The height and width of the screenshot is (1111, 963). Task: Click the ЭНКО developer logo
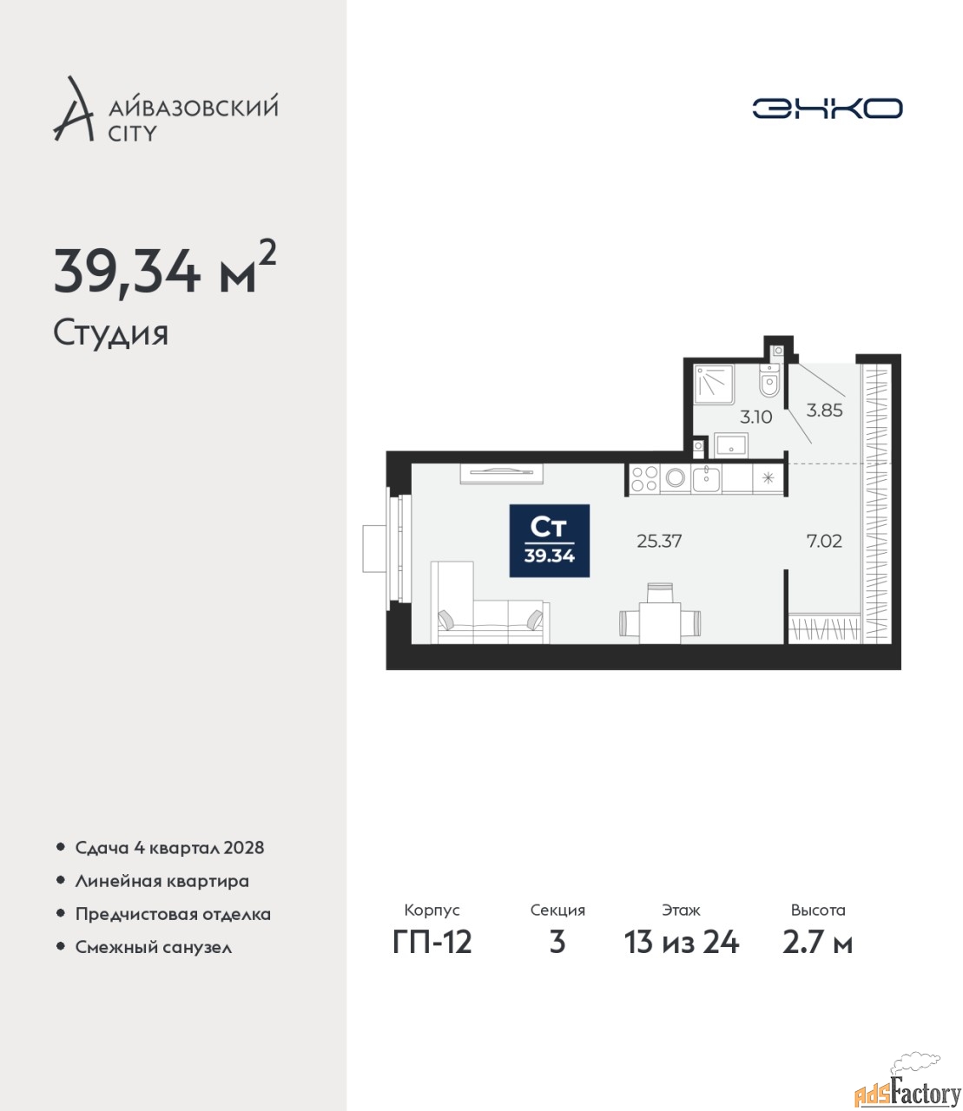(827, 108)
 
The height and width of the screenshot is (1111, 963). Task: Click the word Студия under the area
(111, 333)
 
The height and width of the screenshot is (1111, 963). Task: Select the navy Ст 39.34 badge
(550, 541)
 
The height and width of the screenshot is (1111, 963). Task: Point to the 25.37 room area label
(659, 541)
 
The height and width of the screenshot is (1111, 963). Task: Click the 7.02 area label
(824, 541)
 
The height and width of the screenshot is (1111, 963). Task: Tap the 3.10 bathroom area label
(756, 417)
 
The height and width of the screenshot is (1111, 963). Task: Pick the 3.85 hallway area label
(824, 410)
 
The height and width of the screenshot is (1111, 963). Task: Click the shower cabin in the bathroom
(714, 384)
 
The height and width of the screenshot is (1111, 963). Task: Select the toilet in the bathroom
(768, 380)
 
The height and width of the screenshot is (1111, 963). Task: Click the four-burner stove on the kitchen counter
(644, 478)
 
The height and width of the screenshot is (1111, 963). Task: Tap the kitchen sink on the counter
(706, 478)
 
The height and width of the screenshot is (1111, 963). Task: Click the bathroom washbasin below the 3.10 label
(731, 444)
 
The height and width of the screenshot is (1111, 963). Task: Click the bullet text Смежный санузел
(153, 947)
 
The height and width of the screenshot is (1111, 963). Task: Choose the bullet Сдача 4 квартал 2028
(169, 848)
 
